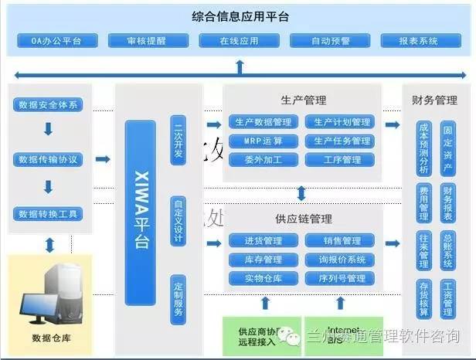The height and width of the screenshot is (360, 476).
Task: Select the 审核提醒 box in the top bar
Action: click(x=145, y=39)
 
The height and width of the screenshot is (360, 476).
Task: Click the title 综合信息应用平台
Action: click(x=238, y=15)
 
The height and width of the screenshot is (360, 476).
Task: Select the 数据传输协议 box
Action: click(x=49, y=160)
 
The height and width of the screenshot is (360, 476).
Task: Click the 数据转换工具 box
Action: click(x=49, y=213)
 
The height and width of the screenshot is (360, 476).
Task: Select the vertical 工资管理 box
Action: click(x=448, y=298)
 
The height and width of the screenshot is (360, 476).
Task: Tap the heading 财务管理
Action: click(x=435, y=100)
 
